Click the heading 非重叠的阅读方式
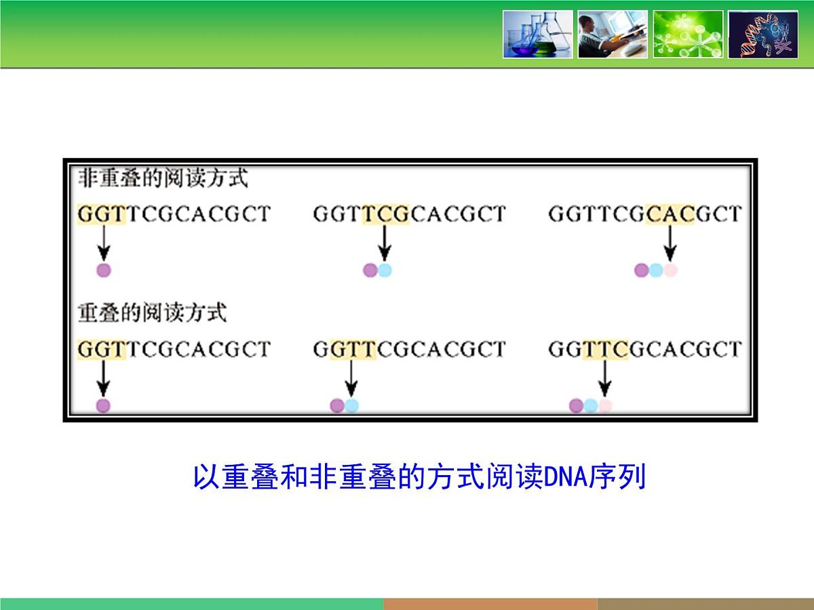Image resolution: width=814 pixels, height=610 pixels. coord(163,179)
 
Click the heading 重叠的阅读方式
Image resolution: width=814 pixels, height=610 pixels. coord(152,313)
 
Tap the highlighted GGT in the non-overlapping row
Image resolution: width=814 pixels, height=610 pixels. coord(102,214)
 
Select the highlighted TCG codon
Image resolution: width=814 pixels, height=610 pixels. coord(385,214)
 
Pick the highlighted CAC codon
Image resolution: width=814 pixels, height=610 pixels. coord(670,214)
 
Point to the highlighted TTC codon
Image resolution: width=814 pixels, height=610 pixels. coord(605,350)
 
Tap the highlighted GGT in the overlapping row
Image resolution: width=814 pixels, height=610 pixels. coord(102,350)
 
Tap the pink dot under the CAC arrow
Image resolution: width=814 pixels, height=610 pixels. coord(670,270)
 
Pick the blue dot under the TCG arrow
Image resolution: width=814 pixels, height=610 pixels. coord(385,270)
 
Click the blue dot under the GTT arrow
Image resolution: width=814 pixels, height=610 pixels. coord(351,406)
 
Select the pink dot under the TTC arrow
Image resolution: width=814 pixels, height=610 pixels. coord(605,406)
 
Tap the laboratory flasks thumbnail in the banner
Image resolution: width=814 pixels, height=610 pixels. coord(537,34)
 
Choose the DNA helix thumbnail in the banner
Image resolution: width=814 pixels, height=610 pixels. coord(762,34)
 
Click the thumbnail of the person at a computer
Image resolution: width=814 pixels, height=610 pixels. coord(613,34)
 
